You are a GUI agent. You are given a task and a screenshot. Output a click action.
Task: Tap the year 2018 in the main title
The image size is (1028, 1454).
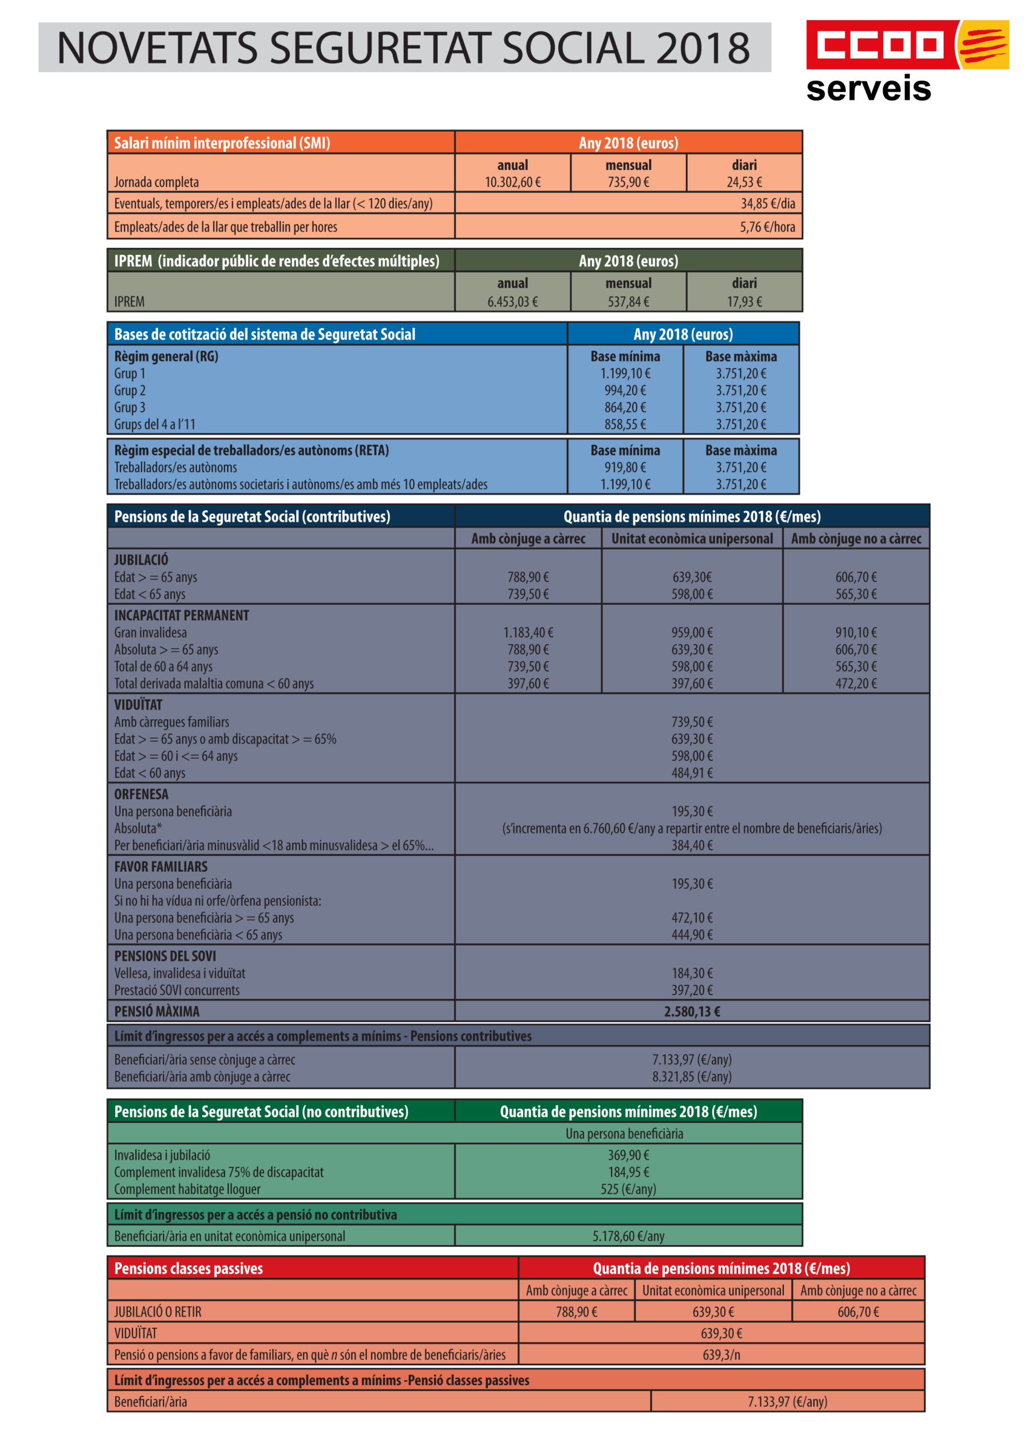tap(702, 48)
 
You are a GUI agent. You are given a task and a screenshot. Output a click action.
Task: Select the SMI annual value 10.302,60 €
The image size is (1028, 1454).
tap(512, 182)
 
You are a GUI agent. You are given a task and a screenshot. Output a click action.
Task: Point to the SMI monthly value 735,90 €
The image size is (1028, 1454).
tap(628, 182)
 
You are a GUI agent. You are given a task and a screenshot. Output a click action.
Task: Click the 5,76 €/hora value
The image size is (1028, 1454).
tap(767, 227)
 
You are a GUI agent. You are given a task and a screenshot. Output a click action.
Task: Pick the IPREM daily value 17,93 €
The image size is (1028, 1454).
tap(744, 302)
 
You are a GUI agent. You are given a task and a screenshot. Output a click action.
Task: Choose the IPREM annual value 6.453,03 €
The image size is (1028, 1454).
tap(512, 302)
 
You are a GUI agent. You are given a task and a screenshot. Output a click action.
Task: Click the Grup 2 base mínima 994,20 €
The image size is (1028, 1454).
tap(625, 390)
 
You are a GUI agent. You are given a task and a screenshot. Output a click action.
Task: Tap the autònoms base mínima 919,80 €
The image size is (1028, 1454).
tap(625, 467)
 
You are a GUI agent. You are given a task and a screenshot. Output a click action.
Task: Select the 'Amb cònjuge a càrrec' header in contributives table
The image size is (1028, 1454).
tap(528, 538)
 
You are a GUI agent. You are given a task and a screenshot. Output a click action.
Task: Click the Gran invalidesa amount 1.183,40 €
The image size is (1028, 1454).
tap(528, 632)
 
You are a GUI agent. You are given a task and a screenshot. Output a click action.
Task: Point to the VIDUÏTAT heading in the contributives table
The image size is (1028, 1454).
tap(138, 704)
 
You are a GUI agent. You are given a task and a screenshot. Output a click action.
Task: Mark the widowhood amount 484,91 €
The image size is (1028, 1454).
tap(692, 772)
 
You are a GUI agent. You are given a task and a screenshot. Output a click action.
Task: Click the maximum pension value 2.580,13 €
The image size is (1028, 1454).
tap(692, 1012)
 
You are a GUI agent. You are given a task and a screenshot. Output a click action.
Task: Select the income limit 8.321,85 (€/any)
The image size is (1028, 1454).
tap(692, 1076)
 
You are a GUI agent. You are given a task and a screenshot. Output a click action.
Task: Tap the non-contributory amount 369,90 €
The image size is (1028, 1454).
tap(628, 1155)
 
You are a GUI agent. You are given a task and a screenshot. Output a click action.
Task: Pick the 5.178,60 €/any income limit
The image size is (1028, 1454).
tap(628, 1235)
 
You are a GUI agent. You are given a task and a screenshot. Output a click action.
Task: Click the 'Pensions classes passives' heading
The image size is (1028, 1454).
tap(188, 1268)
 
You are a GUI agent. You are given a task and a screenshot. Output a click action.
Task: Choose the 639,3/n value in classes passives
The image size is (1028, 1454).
tap(721, 1355)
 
